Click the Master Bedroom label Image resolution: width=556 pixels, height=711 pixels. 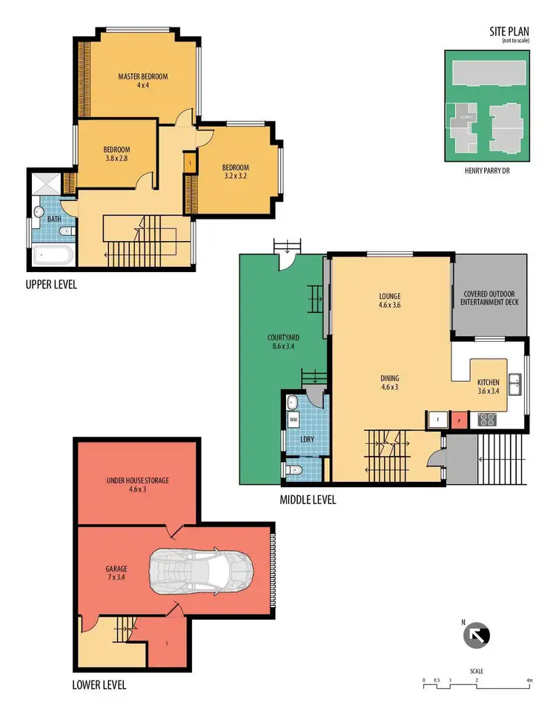point(142,81)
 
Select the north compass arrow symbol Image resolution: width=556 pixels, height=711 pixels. point(476,635)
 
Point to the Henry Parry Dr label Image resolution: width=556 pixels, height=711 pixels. point(487,171)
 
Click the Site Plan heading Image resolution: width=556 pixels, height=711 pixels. point(511,32)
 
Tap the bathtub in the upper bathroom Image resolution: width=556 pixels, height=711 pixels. point(51,257)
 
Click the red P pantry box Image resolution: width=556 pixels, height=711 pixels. point(460,420)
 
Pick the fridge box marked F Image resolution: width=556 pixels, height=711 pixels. point(437,420)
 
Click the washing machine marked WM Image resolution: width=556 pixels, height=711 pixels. point(294,420)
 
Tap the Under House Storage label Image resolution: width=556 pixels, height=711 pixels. point(139,485)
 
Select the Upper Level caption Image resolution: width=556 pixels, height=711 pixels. point(50,285)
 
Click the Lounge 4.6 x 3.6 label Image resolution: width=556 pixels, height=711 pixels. point(390,299)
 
